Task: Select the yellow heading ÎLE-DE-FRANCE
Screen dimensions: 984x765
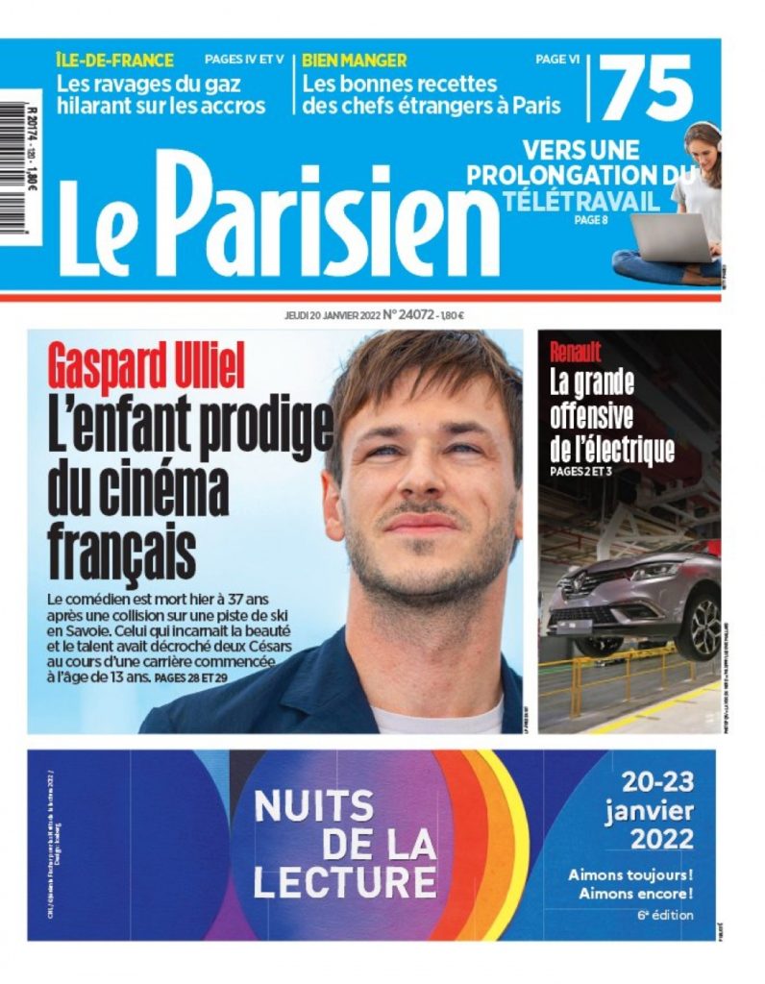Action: pos(114,60)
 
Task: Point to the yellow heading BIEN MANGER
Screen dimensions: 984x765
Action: pos(355,60)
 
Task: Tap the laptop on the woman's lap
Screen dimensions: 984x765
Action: pos(670,236)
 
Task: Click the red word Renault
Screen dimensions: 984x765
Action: pos(576,351)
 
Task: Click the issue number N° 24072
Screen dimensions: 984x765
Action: pos(409,313)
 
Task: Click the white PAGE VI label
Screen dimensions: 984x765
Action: pos(557,60)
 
